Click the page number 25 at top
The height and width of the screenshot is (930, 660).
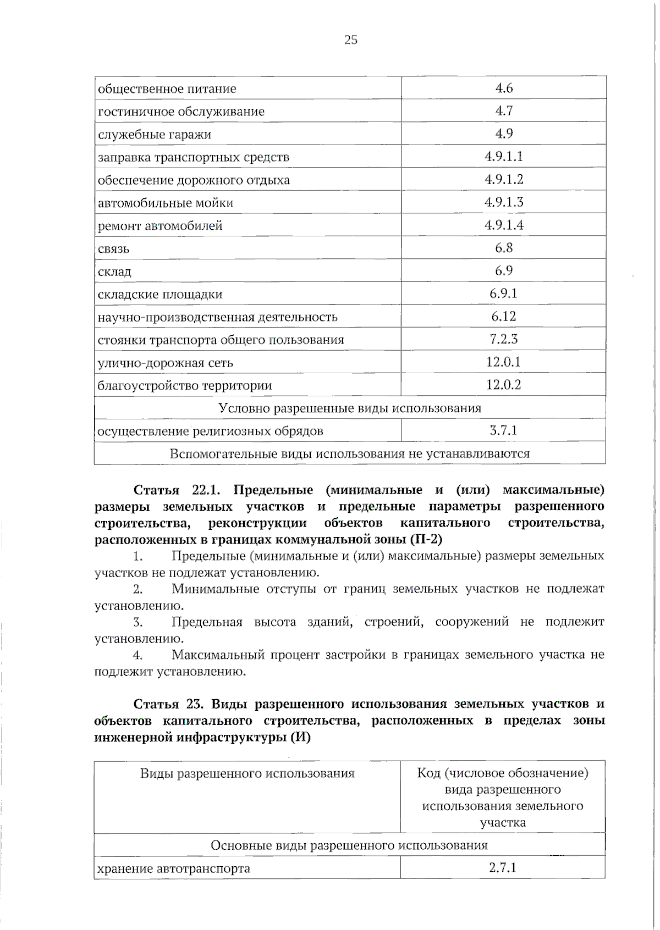tap(350, 40)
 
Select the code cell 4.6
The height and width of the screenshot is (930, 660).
tap(504, 88)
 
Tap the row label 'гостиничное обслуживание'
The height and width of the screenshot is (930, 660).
tap(181, 112)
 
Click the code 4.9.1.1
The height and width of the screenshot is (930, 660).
tap(504, 157)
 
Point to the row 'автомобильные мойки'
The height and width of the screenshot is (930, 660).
tap(166, 203)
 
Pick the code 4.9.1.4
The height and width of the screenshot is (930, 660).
tap(504, 225)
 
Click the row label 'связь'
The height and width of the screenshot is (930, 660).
tap(114, 249)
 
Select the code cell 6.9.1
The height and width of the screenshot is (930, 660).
tap(504, 294)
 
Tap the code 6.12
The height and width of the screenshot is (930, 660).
tap(504, 317)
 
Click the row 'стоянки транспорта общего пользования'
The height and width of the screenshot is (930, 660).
tap(221, 340)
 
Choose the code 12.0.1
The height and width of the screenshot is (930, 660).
tap(504, 362)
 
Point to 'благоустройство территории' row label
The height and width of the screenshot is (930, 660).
tap(185, 385)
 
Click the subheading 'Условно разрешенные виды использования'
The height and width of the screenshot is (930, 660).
tap(350, 408)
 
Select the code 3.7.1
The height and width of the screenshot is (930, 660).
tap(504, 430)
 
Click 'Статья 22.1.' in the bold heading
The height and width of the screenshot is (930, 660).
tap(177, 490)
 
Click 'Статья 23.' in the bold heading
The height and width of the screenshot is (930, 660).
tap(170, 704)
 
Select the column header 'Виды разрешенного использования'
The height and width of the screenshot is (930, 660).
tap(247, 773)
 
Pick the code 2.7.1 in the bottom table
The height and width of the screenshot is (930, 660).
tap(503, 868)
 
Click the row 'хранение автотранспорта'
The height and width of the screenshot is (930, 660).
tap(173, 869)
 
